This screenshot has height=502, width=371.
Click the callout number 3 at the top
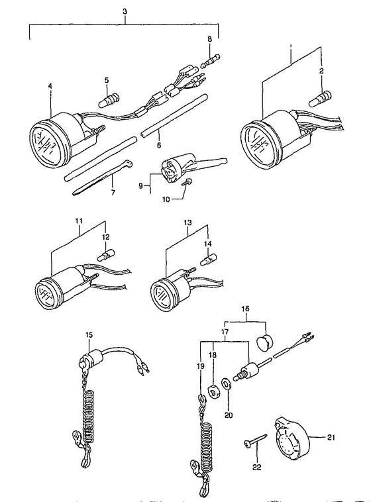pos(125,11)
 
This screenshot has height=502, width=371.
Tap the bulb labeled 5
pos(109,99)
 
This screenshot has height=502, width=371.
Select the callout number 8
pos(209,39)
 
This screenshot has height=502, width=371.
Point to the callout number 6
pos(159,145)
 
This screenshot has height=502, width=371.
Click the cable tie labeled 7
pos(101,177)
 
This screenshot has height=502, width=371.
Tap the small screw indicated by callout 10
pos(188,182)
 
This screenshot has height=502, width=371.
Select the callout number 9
pos(140,186)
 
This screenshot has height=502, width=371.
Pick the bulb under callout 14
pos(207,259)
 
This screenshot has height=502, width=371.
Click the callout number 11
pos(79,221)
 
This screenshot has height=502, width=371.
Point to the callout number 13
pos(187,222)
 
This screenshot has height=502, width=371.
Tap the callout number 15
pos(89,335)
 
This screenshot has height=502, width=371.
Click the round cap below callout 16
pos(265,342)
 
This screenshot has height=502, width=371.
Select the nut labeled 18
pos(215,392)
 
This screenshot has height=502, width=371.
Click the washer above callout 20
pos(227,384)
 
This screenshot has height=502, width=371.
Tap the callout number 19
pos(200,366)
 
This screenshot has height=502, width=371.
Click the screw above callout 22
pos(255,442)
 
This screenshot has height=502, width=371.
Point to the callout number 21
pos(331,437)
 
